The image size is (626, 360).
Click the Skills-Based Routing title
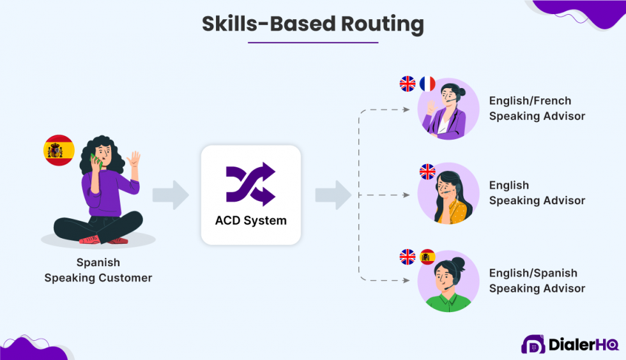click(x=313, y=23)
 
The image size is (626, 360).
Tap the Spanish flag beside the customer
click(x=59, y=151)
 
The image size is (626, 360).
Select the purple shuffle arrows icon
click(x=250, y=185)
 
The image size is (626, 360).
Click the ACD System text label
click(x=250, y=221)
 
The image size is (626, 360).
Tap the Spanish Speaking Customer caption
click(x=98, y=270)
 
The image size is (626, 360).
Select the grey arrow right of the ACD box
click(x=333, y=195)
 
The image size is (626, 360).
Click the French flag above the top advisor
click(x=427, y=84)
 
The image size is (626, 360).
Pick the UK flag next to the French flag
click(x=407, y=84)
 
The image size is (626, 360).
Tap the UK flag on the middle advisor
click(x=427, y=171)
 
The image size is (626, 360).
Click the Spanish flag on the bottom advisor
click(x=427, y=257)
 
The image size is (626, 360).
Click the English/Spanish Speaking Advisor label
click(x=537, y=281)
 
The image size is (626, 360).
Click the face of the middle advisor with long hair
click(x=445, y=188)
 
